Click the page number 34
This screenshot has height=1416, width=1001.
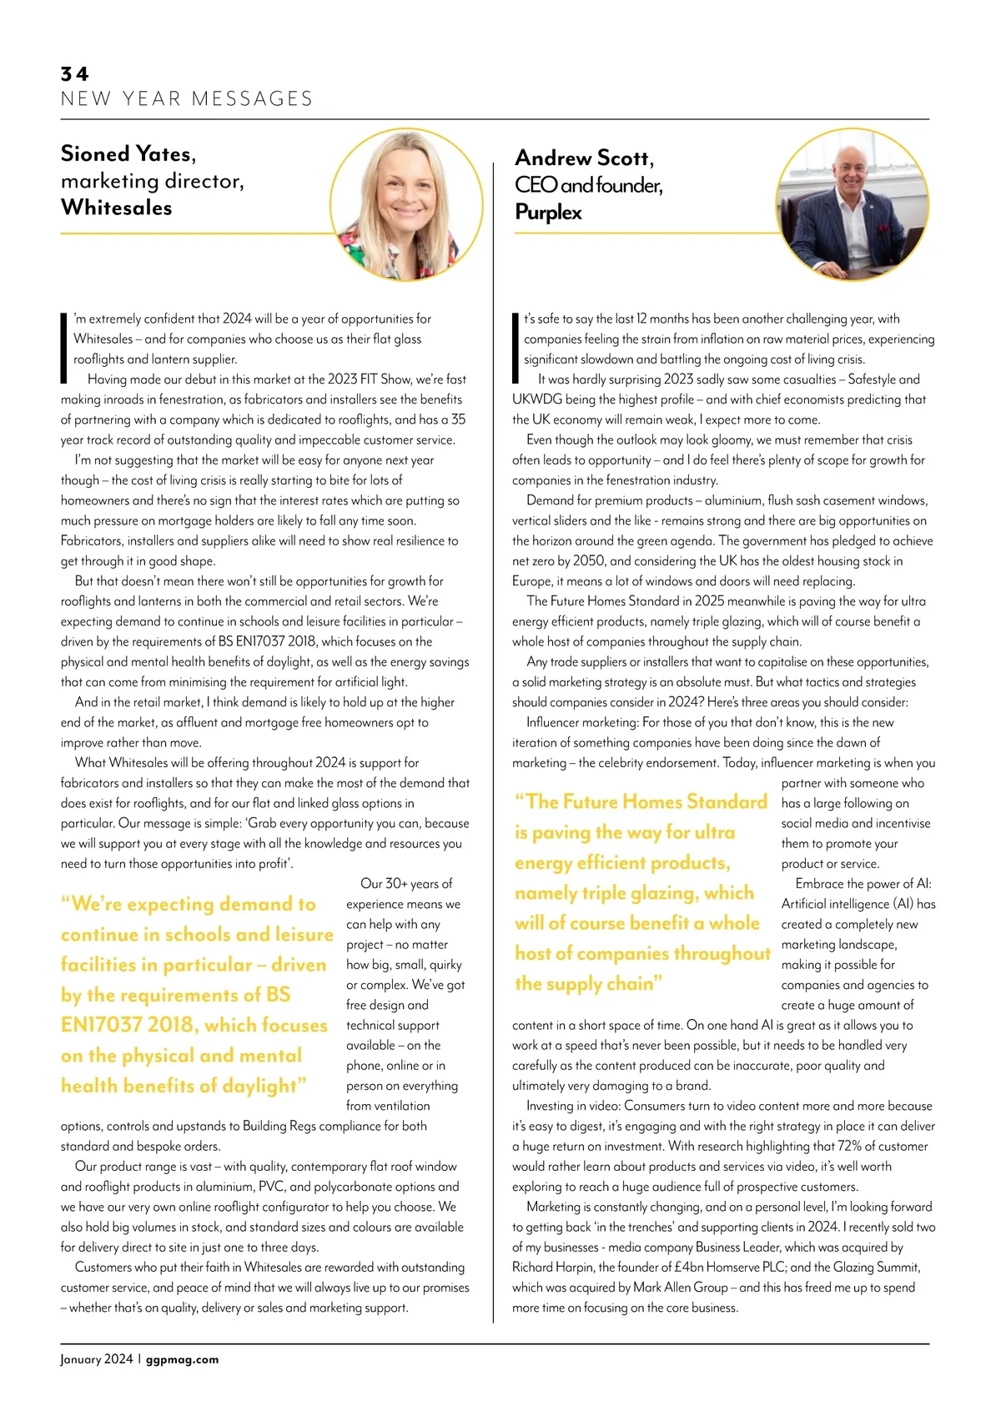click(x=74, y=74)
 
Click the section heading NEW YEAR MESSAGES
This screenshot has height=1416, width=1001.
click(x=186, y=99)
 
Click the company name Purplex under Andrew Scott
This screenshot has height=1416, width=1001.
click(x=548, y=213)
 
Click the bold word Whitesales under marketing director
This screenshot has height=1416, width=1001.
click(x=116, y=208)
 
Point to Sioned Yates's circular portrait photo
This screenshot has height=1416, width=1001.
click(x=406, y=203)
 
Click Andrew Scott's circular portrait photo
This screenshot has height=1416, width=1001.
click(x=852, y=204)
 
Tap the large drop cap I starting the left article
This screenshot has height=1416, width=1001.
click(x=64, y=348)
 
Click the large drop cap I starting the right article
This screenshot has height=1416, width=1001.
click(x=516, y=348)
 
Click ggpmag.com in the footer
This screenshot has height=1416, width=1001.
click(x=182, y=1359)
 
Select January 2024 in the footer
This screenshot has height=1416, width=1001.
click(x=96, y=1359)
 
